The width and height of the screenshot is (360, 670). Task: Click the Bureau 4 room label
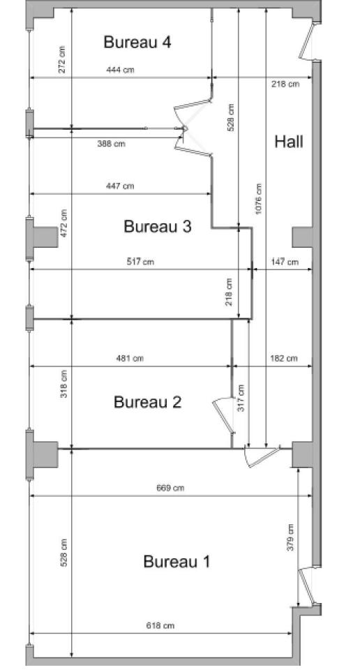[x=137, y=43]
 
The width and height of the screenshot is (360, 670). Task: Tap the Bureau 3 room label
[x=158, y=226]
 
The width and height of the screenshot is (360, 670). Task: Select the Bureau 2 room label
[x=148, y=402]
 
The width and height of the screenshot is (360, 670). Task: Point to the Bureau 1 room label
[x=177, y=561]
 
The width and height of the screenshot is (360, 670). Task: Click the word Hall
[x=289, y=142]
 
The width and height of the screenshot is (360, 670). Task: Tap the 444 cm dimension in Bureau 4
[x=119, y=70]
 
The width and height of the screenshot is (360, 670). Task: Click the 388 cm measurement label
[x=111, y=144]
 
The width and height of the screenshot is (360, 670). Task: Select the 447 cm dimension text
[x=120, y=186]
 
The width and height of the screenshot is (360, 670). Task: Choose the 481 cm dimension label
[x=130, y=359]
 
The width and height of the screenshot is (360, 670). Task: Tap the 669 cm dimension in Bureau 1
[x=170, y=488]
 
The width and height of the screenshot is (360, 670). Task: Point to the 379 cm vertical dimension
[x=290, y=537]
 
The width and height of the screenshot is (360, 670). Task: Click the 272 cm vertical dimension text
[x=62, y=59]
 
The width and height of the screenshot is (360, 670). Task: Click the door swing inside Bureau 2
[x=224, y=415]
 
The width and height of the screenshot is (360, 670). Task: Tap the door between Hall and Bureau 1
[x=262, y=456]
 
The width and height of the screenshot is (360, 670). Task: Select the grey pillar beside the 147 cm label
[x=303, y=237]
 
